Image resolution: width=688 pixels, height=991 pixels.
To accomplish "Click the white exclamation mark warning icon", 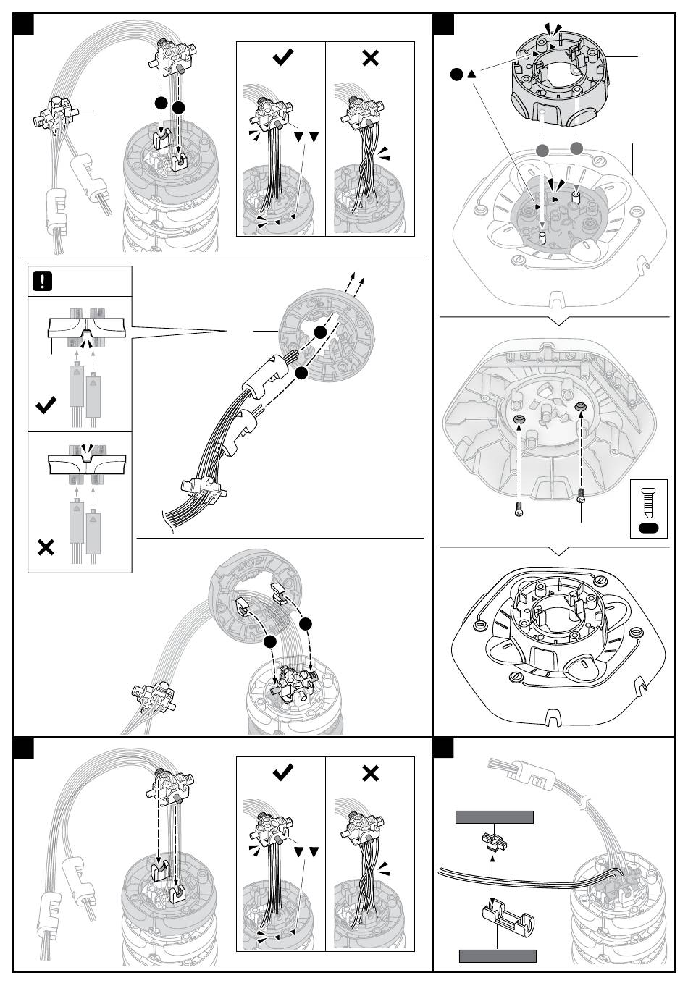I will [x=43, y=281].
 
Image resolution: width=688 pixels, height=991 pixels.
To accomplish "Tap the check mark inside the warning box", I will [x=46, y=405].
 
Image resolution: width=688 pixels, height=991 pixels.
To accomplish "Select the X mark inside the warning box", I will [x=45, y=547].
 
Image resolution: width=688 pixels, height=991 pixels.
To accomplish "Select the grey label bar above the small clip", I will [x=494, y=817].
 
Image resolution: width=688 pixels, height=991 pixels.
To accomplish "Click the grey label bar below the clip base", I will [x=498, y=955].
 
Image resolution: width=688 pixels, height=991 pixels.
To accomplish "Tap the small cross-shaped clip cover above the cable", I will [x=492, y=841].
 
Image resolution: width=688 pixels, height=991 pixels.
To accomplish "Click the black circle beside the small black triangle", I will [x=456, y=74].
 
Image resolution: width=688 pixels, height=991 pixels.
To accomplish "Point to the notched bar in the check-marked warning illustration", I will [x=85, y=329].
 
